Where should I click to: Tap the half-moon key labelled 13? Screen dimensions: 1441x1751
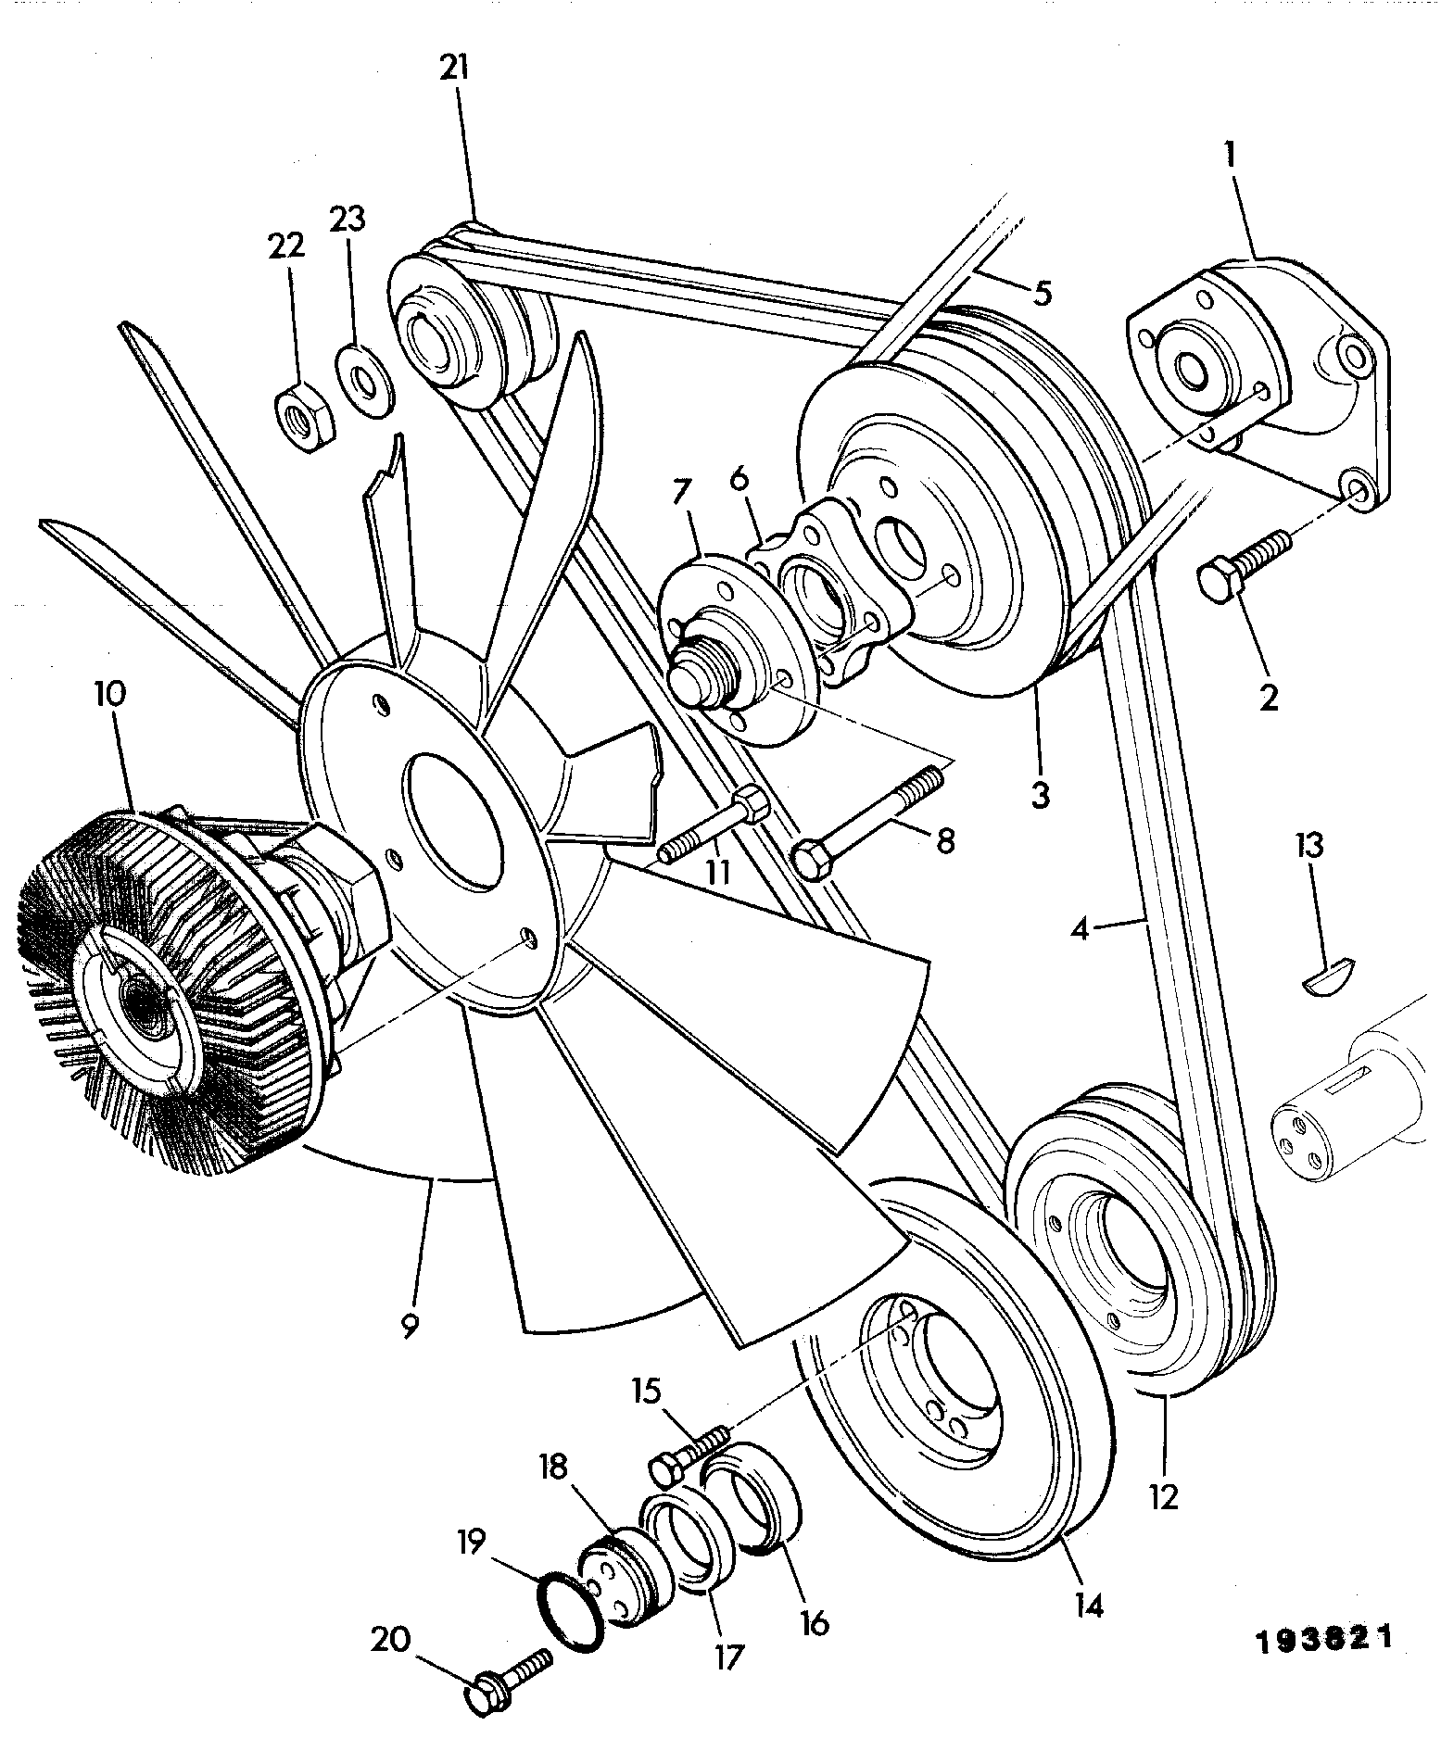[x=1328, y=977]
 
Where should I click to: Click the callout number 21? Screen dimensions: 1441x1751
[x=455, y=69]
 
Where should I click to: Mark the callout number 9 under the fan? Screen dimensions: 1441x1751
[x=409, y=1327]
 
